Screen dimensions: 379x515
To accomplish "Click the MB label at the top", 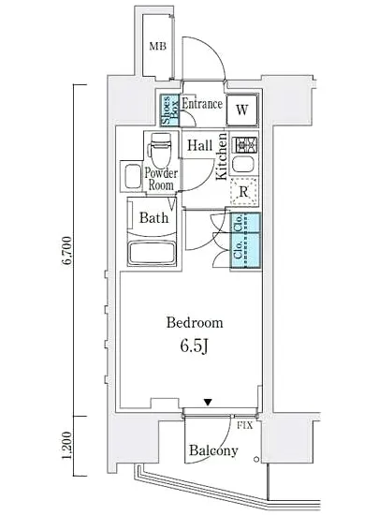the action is point(157,46).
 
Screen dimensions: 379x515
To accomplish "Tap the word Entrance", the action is point(202,104).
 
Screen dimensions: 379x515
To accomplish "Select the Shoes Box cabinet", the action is point(169,110).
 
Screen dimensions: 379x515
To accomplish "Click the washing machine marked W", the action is point(242,110).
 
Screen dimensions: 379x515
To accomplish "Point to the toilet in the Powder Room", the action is point(161,150).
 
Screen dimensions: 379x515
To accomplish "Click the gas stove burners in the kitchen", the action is point(244,144).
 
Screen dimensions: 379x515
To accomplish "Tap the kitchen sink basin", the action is point(244,164).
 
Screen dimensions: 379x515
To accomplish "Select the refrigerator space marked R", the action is point(244,192).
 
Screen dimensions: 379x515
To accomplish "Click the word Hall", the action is point(199,145).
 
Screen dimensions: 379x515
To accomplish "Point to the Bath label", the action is point(153,218).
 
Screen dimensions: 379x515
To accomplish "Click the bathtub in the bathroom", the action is point(153,253).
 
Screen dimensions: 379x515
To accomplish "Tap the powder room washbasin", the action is point(132,176).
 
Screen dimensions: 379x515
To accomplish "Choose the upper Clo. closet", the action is point(246,223).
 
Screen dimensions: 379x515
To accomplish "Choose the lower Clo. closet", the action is point(246,251).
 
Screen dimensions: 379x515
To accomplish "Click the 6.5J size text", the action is point(194,346).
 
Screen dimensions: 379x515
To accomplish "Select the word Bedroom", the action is point(195,322).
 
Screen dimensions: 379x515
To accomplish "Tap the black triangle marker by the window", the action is point(208,402).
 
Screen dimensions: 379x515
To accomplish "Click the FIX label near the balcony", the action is point(245,426).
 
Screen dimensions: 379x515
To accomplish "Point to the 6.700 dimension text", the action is point(67,250).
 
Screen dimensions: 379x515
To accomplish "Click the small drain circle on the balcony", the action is point(256,459).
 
